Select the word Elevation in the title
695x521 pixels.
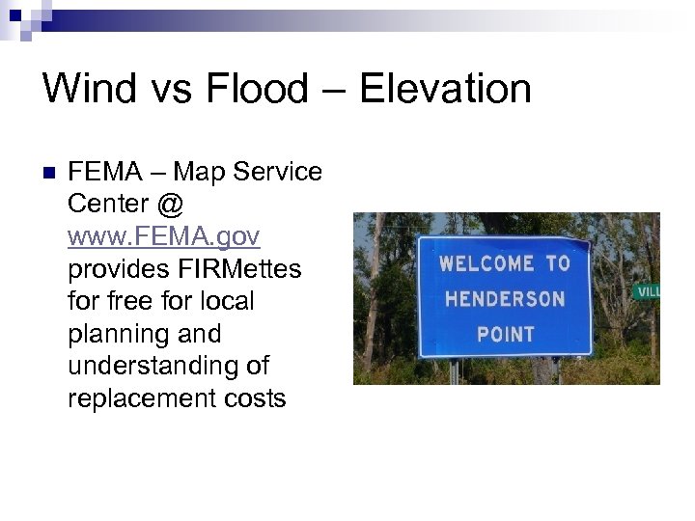tap(444, 89)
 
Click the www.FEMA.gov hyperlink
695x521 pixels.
tap(163, 236)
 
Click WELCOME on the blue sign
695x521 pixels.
tap(486, 263)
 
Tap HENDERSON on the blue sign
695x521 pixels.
tap(506, 298)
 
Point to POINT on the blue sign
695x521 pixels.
tap(506, 334)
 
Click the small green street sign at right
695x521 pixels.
tap(646, 290)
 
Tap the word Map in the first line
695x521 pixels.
tap(202, 172)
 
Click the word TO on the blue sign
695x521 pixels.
tap(558, 263)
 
